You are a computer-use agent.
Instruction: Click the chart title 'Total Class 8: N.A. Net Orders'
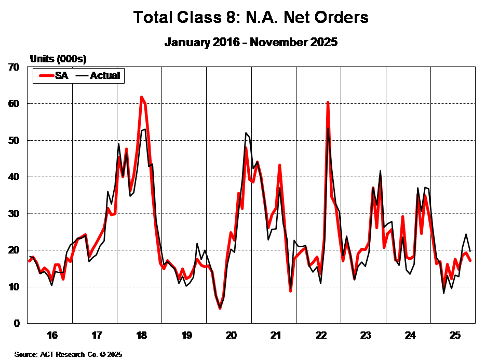(251, 17)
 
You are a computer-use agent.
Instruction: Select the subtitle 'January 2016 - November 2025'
(251, 42)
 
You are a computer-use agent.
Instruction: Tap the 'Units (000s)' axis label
(58, 58)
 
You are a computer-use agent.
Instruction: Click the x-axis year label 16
(52, 334)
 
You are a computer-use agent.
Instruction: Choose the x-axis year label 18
(141, 334)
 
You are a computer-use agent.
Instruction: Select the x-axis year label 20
(231, 334)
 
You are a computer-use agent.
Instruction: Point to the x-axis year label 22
(320, 334)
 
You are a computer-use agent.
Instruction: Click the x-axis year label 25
(455, 334)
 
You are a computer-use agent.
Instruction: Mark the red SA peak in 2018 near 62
(141, 97)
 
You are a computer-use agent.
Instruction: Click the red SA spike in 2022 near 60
(328, 102)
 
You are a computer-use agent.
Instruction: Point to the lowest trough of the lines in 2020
(220, 308)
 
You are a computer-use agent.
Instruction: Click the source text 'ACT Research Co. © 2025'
(68, 354)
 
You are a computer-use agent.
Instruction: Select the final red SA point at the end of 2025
(470, 260)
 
